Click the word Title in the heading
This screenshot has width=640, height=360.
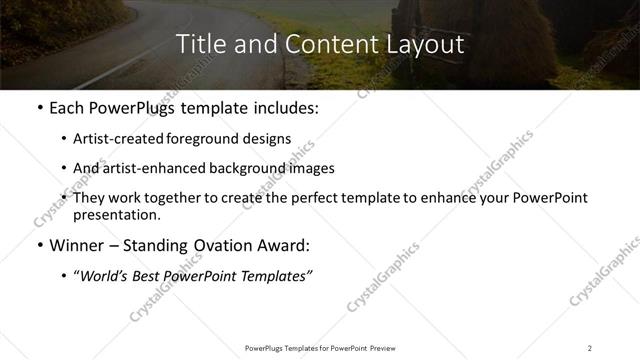pyautogui.click(x=199, y=45)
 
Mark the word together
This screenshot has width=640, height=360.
pyautogui.click(x=208, y=198)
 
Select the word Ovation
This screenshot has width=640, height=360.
pyautogui.click(x=225, y=245)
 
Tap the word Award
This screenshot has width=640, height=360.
pyautogui.click(x=285, y=245)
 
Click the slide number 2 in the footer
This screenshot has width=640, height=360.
pyautogui.click(x=590, y=348)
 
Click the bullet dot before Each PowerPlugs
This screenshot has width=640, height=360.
pyautogui.click(x=38, y=108)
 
